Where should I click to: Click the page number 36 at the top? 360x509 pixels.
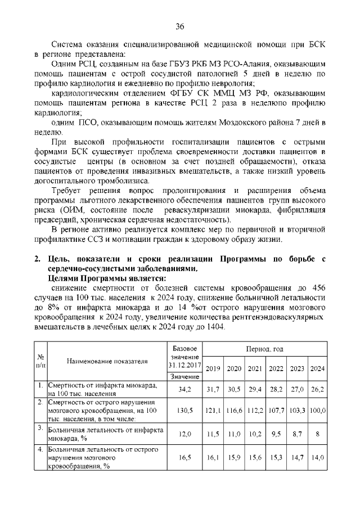point(180,26)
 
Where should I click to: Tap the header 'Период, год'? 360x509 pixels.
point(264,349)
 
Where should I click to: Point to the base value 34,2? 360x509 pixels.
point(184,389)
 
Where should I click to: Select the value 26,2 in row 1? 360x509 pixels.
point(318,389)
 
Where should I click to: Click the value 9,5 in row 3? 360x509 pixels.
point(276,434)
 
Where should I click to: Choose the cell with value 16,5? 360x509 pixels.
point(184,458)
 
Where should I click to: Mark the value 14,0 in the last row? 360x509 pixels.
point(318,458)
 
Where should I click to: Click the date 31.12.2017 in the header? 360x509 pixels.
point(184,365)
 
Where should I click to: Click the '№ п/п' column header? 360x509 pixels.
point(40,361)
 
